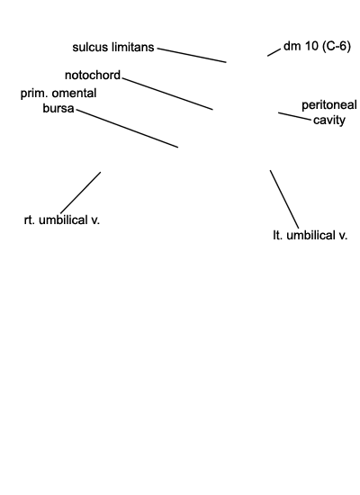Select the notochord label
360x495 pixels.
point(93,75)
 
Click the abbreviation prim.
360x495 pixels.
point(34,94)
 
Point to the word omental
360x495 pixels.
point(74,94)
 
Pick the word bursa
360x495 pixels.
point(58,108)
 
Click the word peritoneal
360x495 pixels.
point(329,105)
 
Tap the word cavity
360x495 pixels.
point(329,121)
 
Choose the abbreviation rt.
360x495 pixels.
point(29,220)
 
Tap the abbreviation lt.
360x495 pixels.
point(277,236)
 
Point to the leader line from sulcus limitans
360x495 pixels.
point(192,55)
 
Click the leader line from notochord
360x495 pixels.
point(167,94)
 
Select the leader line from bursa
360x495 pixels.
point(127,129)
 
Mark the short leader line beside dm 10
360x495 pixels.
point(274,52)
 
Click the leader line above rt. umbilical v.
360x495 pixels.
point(80,193)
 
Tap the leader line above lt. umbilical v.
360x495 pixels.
point(284,199)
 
